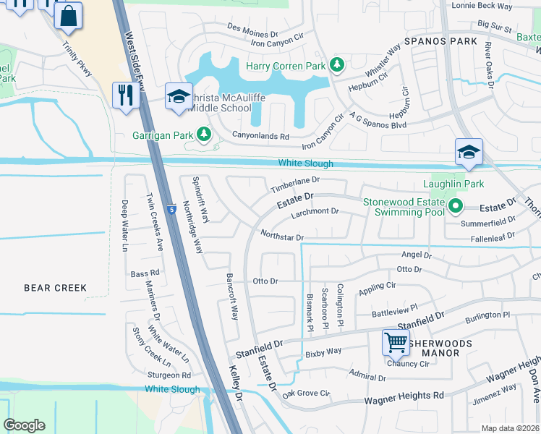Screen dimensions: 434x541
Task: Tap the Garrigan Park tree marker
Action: click(204, 135)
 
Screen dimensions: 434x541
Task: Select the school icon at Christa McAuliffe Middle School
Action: click(179, 96)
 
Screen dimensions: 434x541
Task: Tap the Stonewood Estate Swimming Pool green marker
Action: click(455, 207)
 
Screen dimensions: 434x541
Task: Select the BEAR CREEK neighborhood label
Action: click(56, 288)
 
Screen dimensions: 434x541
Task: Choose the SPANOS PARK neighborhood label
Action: click(440, 41)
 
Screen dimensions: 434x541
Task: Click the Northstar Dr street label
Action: click(281, 237)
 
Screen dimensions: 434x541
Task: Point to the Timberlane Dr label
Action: click(295, 184)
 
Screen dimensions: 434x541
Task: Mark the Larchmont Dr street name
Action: click(315, 211)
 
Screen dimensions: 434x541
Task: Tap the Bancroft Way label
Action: click(232, 297)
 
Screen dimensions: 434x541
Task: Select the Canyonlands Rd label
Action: click(260, 135)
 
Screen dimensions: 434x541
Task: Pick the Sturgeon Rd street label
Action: click(169, 375)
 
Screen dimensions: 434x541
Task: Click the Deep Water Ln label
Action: click(124, 226)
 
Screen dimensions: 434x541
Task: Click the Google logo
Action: click(24, 425)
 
